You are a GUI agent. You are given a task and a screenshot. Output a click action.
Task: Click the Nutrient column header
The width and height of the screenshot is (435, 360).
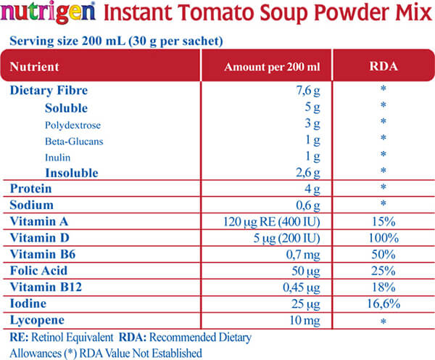pyautogui.click(x=34, y=67)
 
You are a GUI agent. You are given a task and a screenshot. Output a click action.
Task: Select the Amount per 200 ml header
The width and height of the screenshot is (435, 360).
pyautogui.click(x=272, y=67)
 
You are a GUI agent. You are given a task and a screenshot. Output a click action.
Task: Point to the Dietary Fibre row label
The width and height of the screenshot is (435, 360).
pyautogui.click(x=49, y=91)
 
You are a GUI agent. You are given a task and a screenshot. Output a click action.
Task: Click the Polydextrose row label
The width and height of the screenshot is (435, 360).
pyautogui.click(x=75, y=124)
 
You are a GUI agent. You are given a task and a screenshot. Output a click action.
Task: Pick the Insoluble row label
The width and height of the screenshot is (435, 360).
pyautogui.click(x=71, y=172)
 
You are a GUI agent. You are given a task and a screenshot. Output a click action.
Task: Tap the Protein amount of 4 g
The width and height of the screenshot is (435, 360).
pyautogui.click(x=312, y=189)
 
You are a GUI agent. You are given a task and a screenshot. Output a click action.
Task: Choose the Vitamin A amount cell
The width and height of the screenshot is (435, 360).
pyautogui.click(x=273, y=221)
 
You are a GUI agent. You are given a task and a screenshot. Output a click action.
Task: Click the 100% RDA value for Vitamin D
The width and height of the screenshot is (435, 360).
pyautogui.click(x=382, y=237)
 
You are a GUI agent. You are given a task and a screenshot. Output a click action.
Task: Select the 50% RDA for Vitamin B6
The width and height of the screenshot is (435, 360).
pyautogui.click(x=382, y=253)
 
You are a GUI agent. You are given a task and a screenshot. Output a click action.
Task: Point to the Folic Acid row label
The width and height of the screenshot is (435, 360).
pyautogui.click(x=38, y=270)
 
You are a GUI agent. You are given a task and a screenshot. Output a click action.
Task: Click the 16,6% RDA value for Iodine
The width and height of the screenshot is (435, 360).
pyautogui.click(x=382, y=302)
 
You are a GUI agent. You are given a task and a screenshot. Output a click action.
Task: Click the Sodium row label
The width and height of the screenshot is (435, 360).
pyautogui.click(x=32, y=205)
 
